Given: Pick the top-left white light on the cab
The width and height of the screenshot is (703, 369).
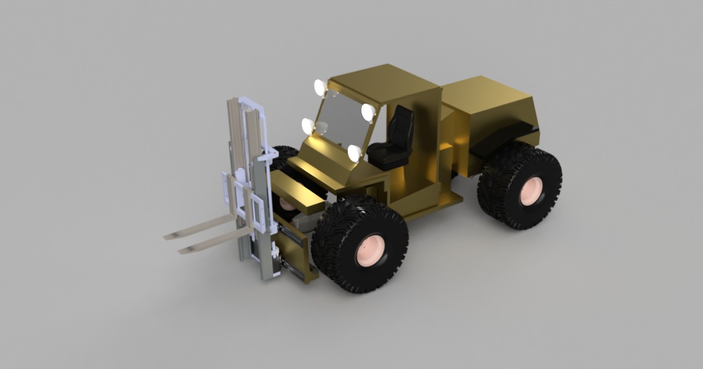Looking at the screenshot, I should click(320, 87).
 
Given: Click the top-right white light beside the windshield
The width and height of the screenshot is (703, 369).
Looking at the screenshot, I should click(368, 112).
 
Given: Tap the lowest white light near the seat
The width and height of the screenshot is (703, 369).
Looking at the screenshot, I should click(354, 153).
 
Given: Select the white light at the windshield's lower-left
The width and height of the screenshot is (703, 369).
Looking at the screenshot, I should click(308, 125).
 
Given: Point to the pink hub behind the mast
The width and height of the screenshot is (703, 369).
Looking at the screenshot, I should click(287, 204).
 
